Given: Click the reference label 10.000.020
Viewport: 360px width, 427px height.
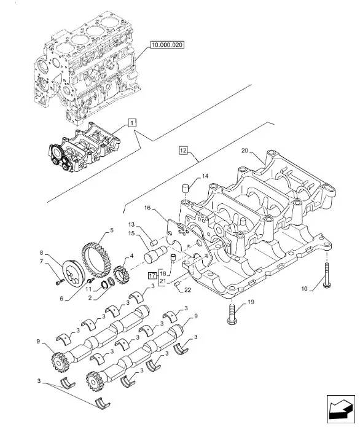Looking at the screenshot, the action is click(x=167, y=45).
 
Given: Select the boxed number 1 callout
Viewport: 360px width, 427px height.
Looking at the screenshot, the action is click(x=132, y=123).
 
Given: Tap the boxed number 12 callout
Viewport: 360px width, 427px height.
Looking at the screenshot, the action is click(x=184, y=150).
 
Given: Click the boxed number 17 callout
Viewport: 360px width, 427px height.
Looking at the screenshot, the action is click(x=152, y=276).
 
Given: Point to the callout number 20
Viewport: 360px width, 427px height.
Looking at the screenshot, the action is click(x=245, y=151).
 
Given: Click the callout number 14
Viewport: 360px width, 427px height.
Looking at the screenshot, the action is click(x=205, y=176).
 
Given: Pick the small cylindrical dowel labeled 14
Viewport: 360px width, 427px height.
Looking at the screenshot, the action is click(x=186, y=188).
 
